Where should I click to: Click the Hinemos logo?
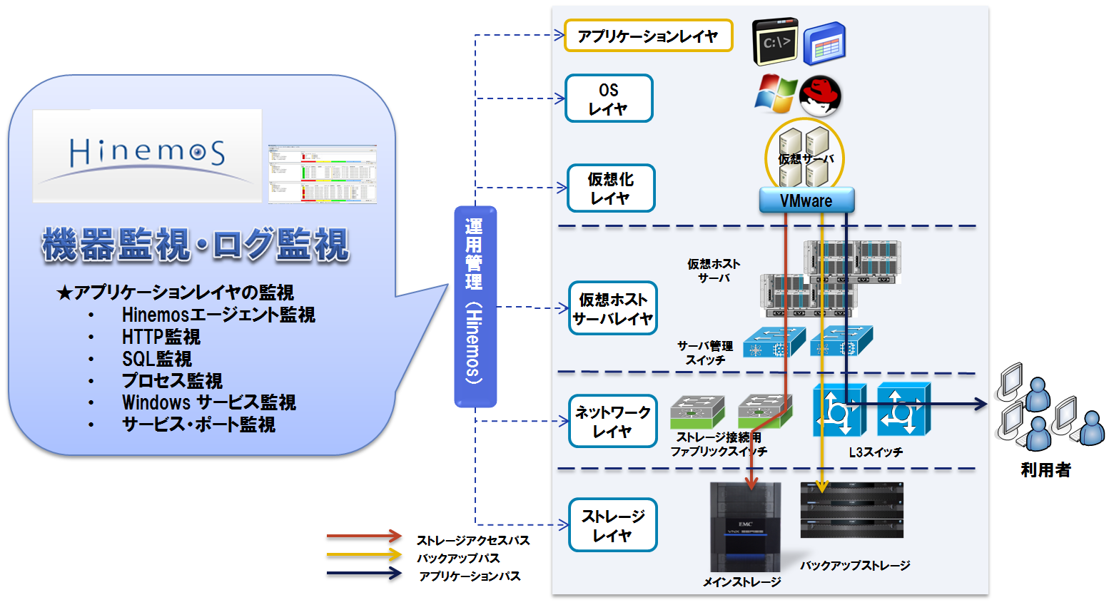147,155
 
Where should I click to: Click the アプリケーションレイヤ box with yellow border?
648,36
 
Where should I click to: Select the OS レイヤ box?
609,98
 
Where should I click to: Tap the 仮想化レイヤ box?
611,188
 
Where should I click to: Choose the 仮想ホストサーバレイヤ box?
613,308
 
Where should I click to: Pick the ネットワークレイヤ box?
613,421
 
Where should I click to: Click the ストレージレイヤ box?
613,525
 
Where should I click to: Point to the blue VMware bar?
806,200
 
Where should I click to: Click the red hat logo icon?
821,96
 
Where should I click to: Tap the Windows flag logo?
776,93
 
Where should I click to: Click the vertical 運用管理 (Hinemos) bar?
475,307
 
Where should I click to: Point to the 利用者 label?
1045,470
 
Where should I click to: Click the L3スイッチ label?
876,452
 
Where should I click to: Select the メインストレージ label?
742,582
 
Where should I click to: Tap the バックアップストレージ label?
855,566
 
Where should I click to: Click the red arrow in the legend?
364,536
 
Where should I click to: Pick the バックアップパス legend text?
458,558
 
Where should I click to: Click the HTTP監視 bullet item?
161,337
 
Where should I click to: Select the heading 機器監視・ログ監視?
196,245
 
